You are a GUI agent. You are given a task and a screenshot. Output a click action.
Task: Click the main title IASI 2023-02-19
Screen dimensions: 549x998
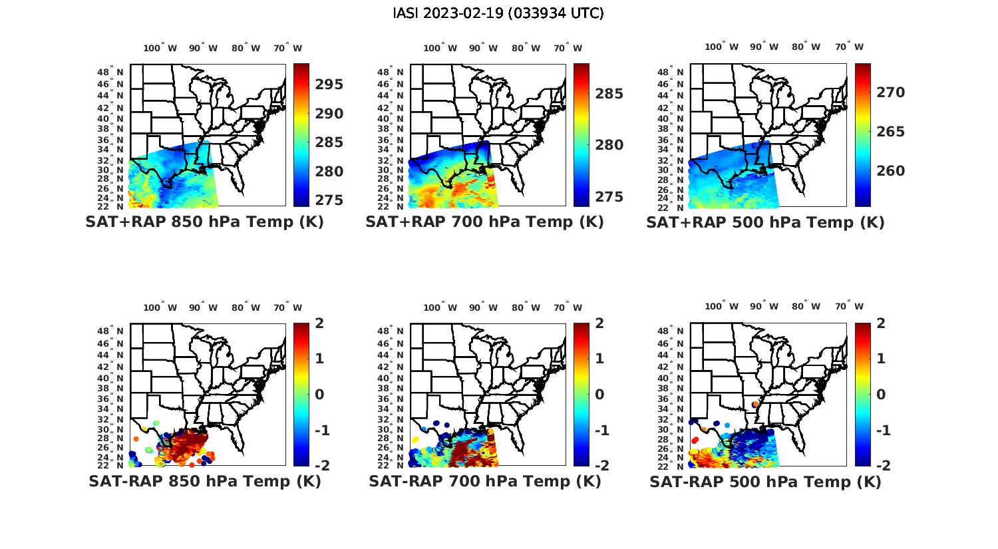tap(498, 13)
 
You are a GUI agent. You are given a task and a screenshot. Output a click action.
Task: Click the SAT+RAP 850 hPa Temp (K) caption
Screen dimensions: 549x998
tap(204, 222)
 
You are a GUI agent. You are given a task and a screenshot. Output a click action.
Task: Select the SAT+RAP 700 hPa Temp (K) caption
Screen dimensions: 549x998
tap(484, 222)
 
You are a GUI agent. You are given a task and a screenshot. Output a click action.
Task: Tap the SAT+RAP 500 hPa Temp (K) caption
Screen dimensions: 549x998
tap(765, 223)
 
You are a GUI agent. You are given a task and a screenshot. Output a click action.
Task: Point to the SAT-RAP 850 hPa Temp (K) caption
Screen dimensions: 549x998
tap(204, 481)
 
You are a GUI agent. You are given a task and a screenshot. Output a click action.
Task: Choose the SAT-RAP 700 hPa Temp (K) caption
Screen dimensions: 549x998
tap(484, 481)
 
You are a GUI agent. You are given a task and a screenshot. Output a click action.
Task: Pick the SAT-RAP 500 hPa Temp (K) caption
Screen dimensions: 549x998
tap(765, 482)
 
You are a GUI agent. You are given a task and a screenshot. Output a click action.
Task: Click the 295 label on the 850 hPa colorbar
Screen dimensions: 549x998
tap(329, 85)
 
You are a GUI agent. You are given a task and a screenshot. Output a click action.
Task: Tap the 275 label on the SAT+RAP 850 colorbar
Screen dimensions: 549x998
tap(329, 200)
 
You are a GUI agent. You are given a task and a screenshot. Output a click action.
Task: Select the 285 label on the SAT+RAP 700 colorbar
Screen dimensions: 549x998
tap(609, 94)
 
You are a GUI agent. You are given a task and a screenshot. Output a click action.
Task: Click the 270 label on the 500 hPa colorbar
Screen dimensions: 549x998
tap(891, 92)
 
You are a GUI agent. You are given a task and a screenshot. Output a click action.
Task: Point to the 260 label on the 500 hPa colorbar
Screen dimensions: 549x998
tap(891, 171)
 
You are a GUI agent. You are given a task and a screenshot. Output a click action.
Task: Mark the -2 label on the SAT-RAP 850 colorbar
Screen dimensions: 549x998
tap(321, 465)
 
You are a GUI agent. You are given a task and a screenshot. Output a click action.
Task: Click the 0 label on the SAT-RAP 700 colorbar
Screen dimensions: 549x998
tap(599, 394)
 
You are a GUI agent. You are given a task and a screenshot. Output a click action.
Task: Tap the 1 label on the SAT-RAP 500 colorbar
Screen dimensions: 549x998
tap(880, 359)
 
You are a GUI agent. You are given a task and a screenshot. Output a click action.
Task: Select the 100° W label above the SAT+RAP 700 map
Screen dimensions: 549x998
tap(440, 48)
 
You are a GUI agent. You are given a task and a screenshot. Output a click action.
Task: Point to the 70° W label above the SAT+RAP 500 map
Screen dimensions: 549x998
tap(849, 47)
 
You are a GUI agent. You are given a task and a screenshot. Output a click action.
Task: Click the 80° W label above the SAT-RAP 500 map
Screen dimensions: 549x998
tap(806, 306)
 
